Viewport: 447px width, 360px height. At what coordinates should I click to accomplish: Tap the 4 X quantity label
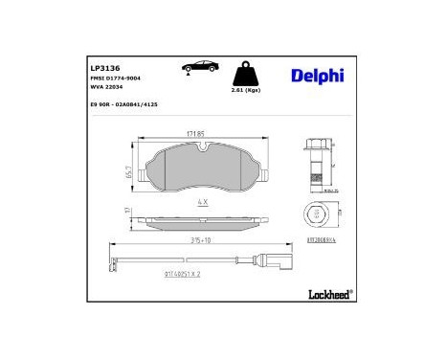pos(203,202)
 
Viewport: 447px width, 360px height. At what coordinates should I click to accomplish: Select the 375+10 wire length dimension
pos(201,241)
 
